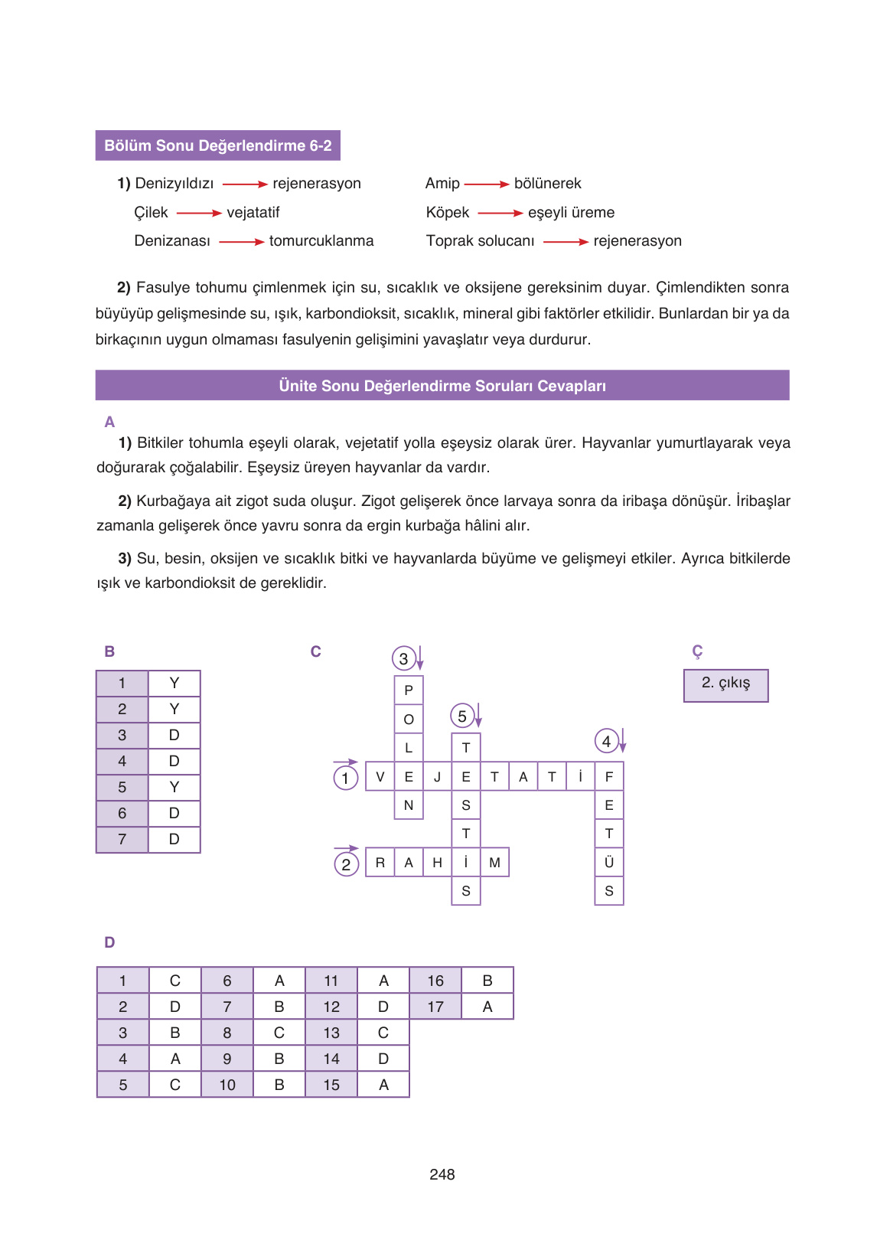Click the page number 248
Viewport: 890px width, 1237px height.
[x=442, y=1174]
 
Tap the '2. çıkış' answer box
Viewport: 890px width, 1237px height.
[x=725, y=684]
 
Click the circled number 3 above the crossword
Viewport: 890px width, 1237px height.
[x=403, y=658]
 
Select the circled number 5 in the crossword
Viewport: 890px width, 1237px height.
[x=462, y=716]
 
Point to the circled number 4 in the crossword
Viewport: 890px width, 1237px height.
[x=606, y=741]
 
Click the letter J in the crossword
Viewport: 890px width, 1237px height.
[x=437, y=777]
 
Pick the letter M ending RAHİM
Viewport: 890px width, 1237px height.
[x=494, y=863]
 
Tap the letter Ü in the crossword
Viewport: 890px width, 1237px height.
[x=609, y=863]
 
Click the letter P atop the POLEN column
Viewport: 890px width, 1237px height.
[x=409, y=690]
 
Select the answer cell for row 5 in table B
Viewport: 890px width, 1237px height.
[x=174, y=787]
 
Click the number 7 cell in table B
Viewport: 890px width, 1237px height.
[x=122, y=839]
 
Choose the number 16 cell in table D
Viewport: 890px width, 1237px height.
[x=435, y=981]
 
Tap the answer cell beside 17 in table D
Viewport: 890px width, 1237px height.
[x=487, y=1007]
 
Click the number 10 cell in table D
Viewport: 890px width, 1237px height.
[x=227, y=1085]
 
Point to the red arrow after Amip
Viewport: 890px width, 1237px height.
[x=487, y=184]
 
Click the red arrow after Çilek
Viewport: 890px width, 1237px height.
[x=199, y=214]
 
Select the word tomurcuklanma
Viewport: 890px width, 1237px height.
[x=321, y=240]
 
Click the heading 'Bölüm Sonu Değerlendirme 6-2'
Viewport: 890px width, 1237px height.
[x=218, y=145]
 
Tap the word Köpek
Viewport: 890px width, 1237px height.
[x=448, y=212]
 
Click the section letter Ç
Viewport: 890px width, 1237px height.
[x=697, y=651]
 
